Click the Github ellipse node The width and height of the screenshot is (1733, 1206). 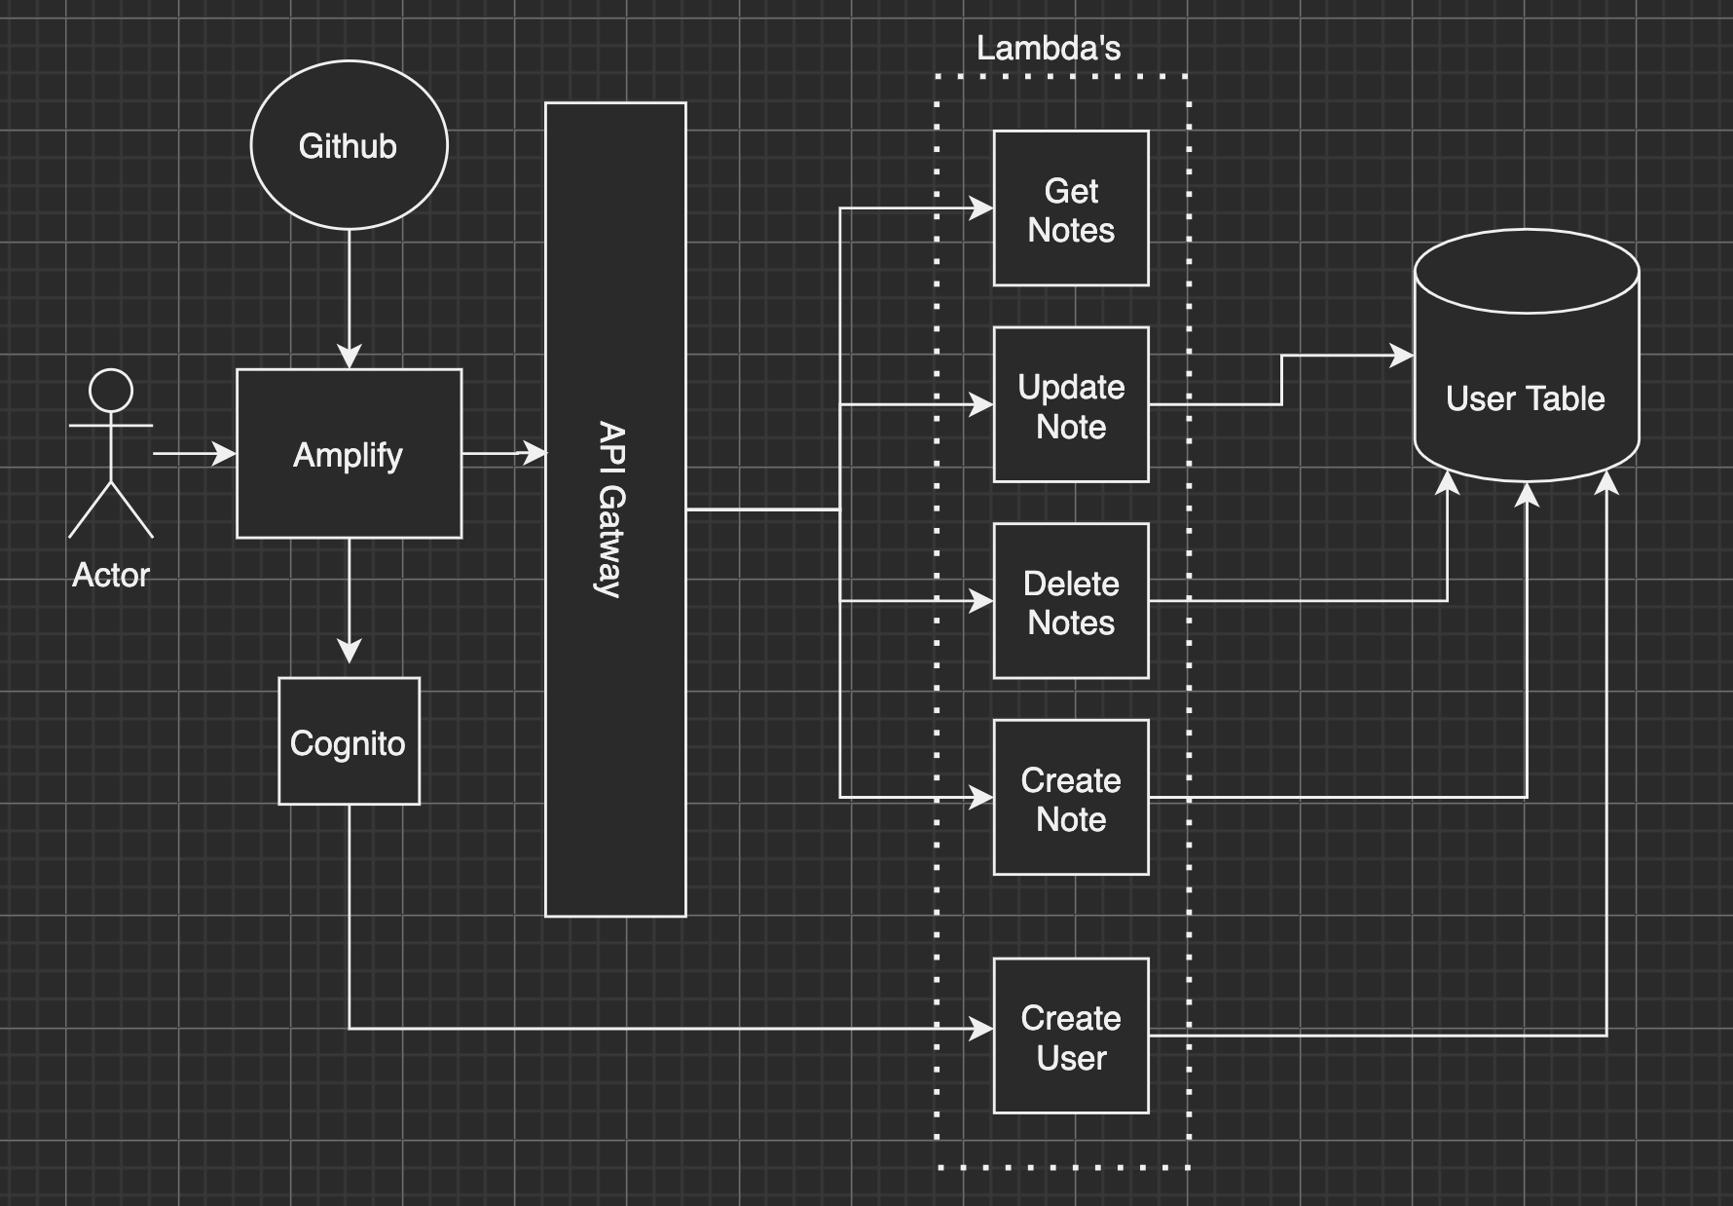click(349, 146)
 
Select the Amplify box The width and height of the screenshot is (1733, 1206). click(349, 454)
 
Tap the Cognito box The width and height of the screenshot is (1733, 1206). click(349, 742)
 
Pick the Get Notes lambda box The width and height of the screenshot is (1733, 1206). click(1071, 209)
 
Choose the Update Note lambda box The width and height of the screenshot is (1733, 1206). click(1071, 406)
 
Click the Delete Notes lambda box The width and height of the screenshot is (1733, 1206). click(1071, 602)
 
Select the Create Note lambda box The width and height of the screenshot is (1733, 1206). click(1071, 799)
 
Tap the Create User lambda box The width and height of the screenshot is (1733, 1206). click(1071, 1036)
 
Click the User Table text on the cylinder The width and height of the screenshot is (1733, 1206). click(1525, 398)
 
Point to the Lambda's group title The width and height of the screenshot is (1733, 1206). click(1049, 48)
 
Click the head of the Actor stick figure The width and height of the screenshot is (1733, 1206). click(111, 391)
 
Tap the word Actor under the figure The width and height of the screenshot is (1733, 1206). click(111, 575)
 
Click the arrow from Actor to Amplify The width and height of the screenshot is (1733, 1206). click(195, 454)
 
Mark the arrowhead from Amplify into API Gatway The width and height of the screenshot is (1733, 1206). click(535, 453)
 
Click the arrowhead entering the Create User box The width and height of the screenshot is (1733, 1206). click(981, 1029)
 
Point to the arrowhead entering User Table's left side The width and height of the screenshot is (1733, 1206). click(1402, 356)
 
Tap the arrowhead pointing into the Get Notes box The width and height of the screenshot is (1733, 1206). click(981, 207)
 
